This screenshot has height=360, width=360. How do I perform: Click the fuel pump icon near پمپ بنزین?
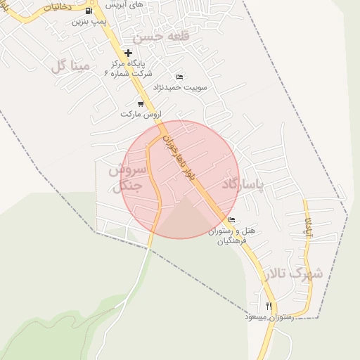click(x=88, y=11)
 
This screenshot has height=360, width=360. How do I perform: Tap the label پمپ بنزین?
click(x=89, y=22)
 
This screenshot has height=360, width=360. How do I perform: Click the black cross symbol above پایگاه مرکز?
click(x=127, y=53)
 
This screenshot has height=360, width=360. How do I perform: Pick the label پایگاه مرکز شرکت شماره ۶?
click(x=128, y=67)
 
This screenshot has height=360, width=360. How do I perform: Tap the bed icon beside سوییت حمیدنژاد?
click(x=179, y=77)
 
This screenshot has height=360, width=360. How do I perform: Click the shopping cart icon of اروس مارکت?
click(x=141, y=104)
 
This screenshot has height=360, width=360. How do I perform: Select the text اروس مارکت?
click(x=141, y=114)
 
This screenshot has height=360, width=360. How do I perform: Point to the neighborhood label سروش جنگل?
click(x=128, y=178)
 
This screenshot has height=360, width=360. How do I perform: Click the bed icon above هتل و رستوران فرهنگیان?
click(x=232, y=219)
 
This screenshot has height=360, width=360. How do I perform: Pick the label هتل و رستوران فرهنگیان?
click(x=235, y=236)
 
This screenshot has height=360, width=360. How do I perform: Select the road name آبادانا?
click(x=307, y=227)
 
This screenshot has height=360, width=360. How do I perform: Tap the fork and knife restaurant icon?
click(x=269, y=307)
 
